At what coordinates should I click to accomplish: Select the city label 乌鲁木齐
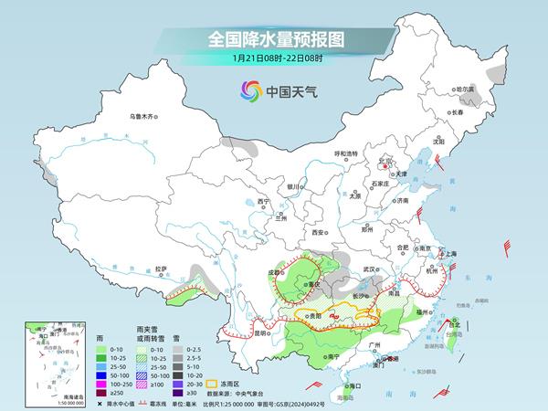coord(142,116)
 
